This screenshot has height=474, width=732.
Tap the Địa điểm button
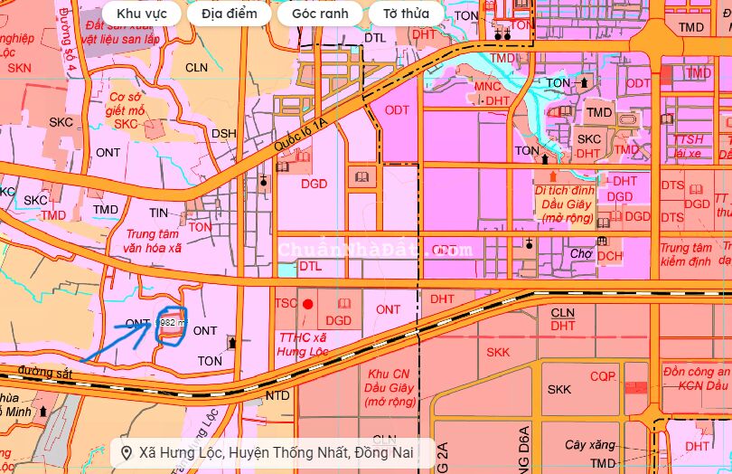point(229,14)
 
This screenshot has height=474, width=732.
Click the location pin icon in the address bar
point(127,452)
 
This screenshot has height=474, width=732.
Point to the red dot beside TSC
point(308,305)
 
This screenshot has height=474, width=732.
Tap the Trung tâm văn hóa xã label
point(148,241)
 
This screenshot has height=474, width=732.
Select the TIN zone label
point(159,213)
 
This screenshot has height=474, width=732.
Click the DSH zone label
point(223,134)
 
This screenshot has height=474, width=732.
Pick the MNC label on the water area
point(487,87)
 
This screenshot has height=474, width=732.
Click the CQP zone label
point(603,375)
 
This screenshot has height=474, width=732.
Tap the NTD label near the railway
point(278,395)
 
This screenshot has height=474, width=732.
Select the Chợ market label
point(581,254)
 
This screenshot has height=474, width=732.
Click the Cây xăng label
point(589,445)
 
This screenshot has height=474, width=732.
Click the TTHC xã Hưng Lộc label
point(301,344)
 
